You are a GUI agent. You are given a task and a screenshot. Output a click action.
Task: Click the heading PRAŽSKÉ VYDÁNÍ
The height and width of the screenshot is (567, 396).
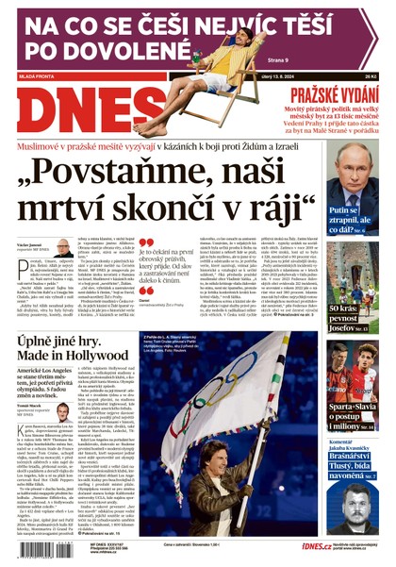click(336, 93)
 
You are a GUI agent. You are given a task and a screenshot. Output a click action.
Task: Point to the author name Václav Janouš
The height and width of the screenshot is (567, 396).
click(27, 243)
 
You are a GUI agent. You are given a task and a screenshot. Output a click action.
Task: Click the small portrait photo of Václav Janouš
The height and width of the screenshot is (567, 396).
click(63, 248)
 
